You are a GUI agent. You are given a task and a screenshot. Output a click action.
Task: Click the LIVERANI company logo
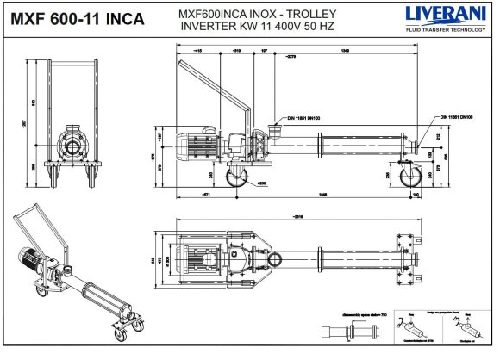[x=439, y=13]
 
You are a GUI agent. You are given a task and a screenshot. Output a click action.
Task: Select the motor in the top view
[x=200, y=257]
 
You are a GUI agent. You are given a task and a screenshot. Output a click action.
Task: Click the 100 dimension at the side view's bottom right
[x=416, y=196]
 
